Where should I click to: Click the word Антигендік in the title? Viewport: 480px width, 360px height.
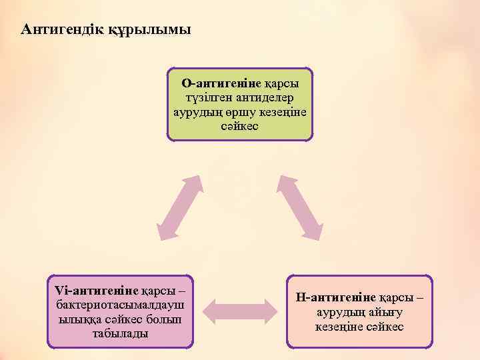[x=62, y=30]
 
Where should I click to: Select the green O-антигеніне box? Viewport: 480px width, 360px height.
[x=240, y=104]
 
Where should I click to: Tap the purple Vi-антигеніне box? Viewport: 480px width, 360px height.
[x=121, y=311]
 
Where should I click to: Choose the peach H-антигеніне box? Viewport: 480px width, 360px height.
[x=359, y=311]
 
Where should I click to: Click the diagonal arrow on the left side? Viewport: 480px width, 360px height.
[x=178, y=207]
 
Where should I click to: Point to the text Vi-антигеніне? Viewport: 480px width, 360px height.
[x=97, y=291]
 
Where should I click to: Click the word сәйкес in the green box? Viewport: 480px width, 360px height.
[x=239, y=126]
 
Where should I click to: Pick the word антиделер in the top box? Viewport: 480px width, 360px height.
[x=256, y=98]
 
